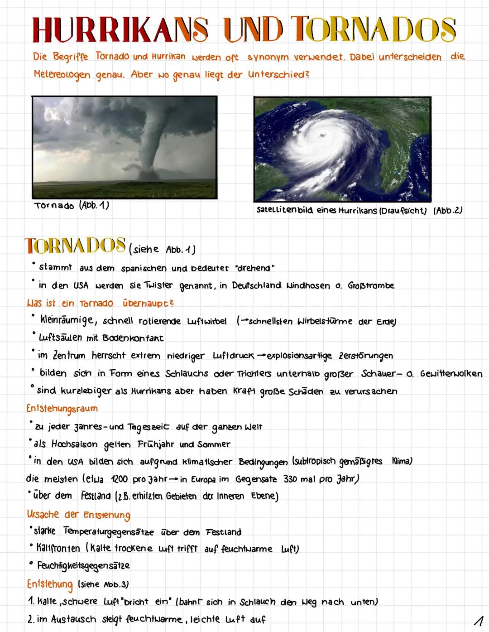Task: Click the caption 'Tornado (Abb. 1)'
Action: click(x=72, y=206)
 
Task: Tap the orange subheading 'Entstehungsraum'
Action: click(x=62, y=409)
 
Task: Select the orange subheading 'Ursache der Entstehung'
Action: click(x=78, y=515)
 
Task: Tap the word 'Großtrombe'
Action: click(x=371, y=285)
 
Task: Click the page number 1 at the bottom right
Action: click(x=476, y=619)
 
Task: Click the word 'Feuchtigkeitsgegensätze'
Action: click(x=83, y=566)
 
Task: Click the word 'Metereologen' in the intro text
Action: click(x=62, y=74)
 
